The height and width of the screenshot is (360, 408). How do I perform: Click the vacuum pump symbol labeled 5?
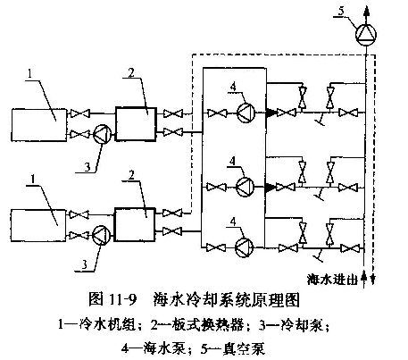click(366, 34)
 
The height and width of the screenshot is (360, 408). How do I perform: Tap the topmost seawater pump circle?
click(246, 113)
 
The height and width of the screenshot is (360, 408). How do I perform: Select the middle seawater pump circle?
click(246, 187)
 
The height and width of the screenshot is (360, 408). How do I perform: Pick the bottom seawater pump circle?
click(245, 247)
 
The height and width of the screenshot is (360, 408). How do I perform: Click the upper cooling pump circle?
click(103, 134)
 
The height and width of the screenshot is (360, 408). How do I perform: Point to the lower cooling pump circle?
click(101, 235)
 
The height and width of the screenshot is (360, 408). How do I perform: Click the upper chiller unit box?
click(39, 125)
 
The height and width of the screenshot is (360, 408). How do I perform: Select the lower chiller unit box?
click(38, 225)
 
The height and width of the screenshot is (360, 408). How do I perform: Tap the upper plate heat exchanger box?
click(136, 123)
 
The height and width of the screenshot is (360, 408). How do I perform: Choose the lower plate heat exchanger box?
click(135, 224)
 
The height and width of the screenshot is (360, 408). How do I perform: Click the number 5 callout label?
click(341, 11)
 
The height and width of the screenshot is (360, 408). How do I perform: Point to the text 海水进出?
click(332, 280)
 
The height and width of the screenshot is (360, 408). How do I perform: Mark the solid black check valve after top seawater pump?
click(271, 113)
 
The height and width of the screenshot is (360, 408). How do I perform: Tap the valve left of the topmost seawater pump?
click(217, 113)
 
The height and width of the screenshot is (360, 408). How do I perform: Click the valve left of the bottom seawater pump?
click(216, 247)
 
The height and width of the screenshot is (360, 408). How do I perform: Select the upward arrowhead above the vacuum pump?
click(366, 11)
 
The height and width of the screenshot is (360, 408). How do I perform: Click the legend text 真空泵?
click(244, 348)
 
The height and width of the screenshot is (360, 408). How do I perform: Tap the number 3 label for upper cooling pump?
click(87, 167)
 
